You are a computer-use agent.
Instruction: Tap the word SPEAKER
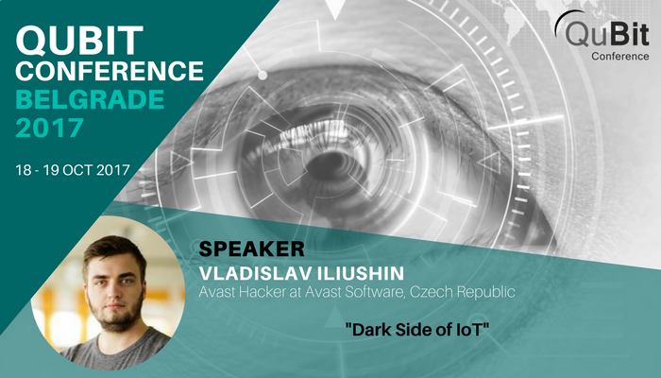pyautogui.click(x=251, y=249)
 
